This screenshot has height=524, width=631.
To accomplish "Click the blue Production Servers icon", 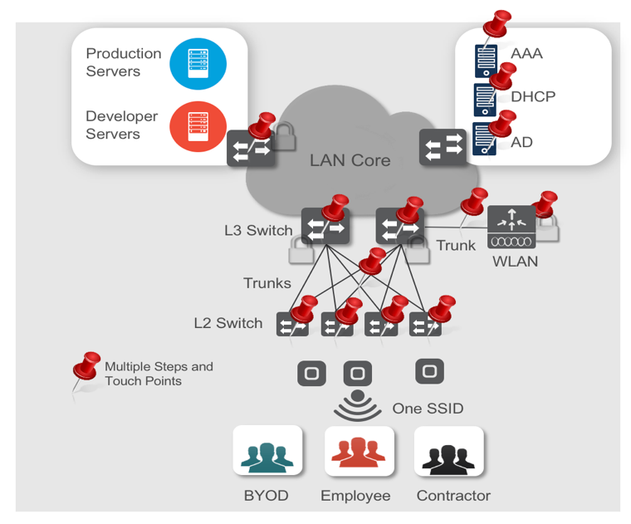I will tap(198, 63).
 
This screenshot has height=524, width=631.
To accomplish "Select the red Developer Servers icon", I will tap(198, 127).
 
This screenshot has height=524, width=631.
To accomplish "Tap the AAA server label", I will tap(526, 54).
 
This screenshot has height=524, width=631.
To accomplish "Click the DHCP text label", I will tap(533, 96).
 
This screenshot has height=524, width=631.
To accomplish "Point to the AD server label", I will tap(521, 142).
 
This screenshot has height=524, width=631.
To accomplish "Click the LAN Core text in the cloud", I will tap(350, 160).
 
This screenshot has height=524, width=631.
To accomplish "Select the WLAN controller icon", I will tap(511, 227).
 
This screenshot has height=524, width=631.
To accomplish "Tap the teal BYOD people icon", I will tap(266, 454).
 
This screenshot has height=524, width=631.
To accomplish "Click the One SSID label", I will tap(428, 409).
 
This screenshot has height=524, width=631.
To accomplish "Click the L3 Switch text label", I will tap(258, 230).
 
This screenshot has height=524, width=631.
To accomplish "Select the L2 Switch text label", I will tap(228, 323).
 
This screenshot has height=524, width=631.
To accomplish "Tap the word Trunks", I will tap(267, 282).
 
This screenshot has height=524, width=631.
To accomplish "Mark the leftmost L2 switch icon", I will tap(292, 323).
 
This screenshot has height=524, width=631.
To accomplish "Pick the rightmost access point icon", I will tap(428, 370).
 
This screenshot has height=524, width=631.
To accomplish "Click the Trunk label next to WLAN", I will tap(457, 245).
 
